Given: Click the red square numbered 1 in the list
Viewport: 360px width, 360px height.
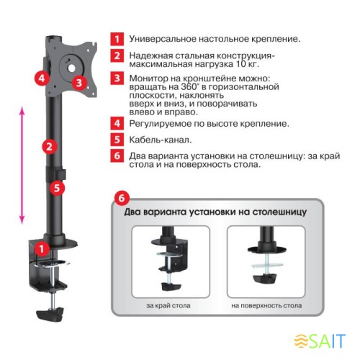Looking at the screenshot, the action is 117,39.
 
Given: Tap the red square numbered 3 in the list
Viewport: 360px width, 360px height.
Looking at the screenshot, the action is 117,78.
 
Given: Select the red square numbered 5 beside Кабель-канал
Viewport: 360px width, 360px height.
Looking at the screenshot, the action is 117,140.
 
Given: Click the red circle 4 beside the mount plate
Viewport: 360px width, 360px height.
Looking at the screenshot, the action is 42,78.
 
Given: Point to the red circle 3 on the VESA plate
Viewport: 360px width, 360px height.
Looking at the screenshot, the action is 79,83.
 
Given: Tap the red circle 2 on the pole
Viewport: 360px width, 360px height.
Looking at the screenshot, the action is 50,146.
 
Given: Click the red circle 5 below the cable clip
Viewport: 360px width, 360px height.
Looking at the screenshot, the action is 57,188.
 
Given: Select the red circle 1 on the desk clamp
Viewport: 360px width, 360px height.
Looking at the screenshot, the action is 42,249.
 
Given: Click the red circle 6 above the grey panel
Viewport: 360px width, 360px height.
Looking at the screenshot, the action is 122,198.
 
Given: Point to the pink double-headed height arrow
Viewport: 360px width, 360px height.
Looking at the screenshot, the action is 22,166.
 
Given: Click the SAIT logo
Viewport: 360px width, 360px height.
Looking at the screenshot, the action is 320,341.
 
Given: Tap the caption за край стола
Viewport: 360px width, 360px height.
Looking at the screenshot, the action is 168,305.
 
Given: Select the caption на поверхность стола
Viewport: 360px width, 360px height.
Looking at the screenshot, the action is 266,305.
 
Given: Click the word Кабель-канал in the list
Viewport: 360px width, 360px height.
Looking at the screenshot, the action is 161,140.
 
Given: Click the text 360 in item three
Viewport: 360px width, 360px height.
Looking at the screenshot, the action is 188,86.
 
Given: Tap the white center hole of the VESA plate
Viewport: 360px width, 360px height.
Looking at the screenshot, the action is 71,68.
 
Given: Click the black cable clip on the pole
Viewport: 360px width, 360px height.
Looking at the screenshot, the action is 56,174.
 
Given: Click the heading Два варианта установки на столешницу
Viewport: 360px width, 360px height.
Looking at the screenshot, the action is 215,212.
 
